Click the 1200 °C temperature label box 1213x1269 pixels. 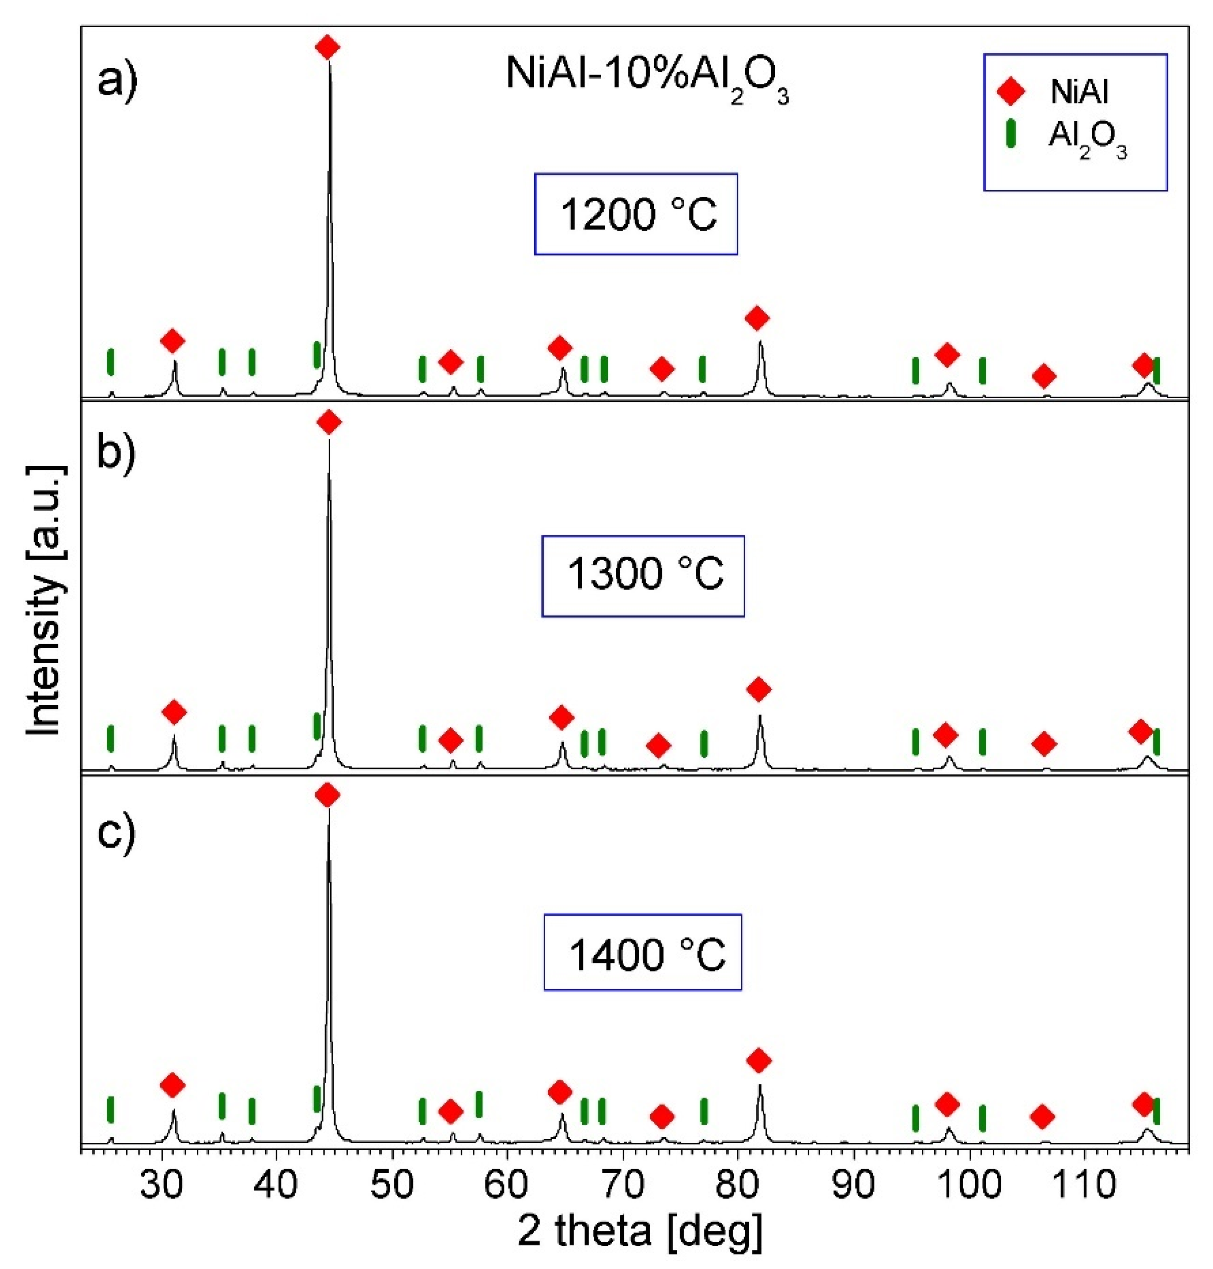click(636, 214)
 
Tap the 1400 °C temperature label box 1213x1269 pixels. click(642, 953)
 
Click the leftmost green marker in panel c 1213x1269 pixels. click(111, 1109)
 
